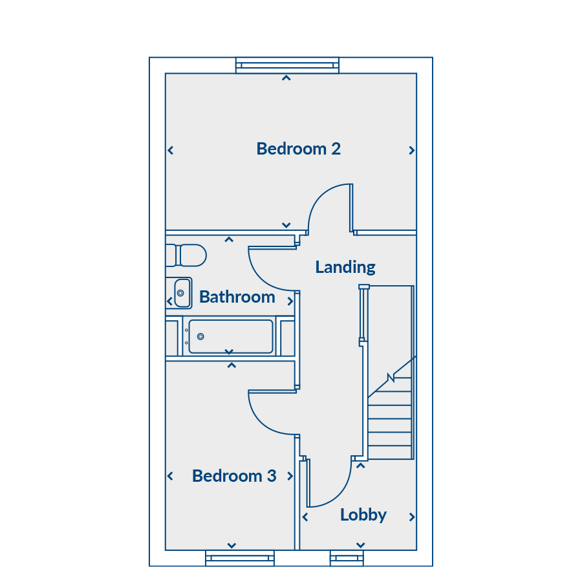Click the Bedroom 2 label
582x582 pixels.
tap(298, 149)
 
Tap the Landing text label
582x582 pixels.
tap(345, 267)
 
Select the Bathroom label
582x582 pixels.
tap(237, 297)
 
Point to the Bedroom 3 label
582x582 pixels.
tap(234, 476)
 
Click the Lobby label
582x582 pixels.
tap(363, 515)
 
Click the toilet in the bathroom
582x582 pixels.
tap(186, 255)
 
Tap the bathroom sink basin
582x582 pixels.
tap(182, 293)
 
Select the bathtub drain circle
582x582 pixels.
tap(200, 337)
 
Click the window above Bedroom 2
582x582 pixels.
tap(287, 65)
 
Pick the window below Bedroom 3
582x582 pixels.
tap(240, 558)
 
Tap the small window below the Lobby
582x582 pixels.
tap(347, 558)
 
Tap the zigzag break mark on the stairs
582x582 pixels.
tap(391, 378)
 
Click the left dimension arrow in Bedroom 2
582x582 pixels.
tap(170, 150)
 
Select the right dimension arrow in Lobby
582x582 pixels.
tap(412, 517)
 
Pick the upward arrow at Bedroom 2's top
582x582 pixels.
tap(286, 78)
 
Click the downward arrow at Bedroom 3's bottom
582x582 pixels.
tap(232, 545)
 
